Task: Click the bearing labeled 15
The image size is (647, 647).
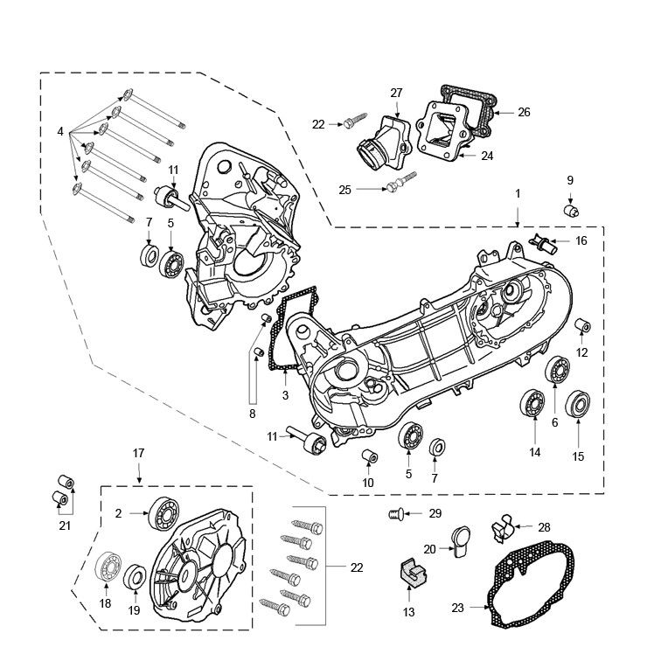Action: point(577,405)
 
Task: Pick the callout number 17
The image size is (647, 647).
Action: point(138,453)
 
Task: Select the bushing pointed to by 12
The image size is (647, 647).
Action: point(582,328)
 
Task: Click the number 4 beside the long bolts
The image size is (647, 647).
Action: point(60,131)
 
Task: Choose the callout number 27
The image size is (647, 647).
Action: point(396,93)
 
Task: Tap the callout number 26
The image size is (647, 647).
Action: point(524,112)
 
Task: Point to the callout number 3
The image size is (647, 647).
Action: point(285,395)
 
